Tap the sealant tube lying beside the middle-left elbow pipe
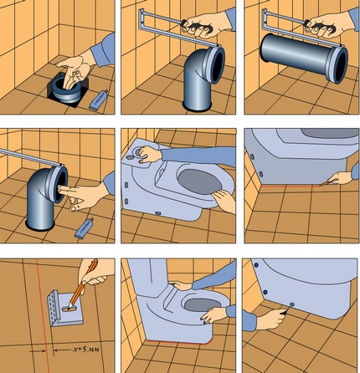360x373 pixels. pos(85,227)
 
